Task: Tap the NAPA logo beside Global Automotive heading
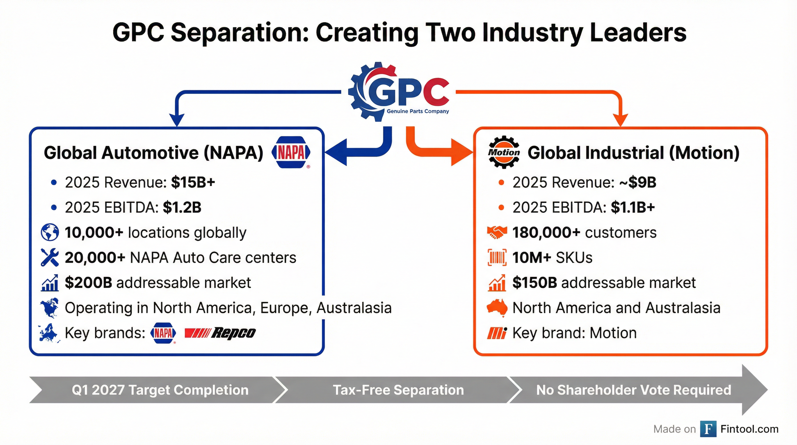pos(291,152)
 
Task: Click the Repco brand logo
pos(220,333)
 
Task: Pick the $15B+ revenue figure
pos(193,182)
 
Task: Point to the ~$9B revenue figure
pos(638,182)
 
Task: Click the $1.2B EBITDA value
pos(182,207)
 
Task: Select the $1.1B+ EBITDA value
pos(633,207)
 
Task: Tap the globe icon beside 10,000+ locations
pos(50,232)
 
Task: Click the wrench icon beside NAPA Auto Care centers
pos(50,258)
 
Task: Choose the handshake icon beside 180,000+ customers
pos(497,232)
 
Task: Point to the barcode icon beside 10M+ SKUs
pos(497,258)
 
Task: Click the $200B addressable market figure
pos(89,282)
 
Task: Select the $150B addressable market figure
pos(535,282)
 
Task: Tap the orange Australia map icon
pos(497,308)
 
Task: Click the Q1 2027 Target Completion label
pos(160,390)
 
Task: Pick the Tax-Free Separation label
pos(398,390)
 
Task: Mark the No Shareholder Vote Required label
pos(634,390)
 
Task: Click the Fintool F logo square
pos(708,429)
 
